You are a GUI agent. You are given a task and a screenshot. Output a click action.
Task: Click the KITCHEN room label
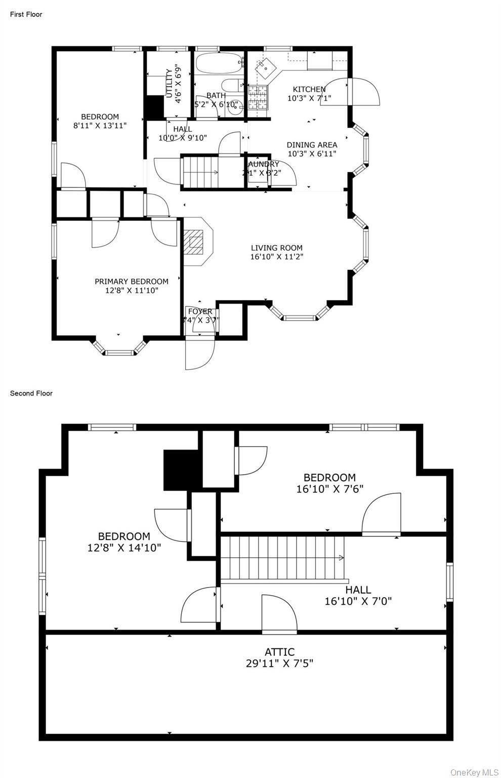point(309,90)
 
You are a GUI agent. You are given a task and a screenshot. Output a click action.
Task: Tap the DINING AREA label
point(312,145)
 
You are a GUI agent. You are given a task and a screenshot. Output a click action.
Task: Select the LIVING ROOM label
point(277,248)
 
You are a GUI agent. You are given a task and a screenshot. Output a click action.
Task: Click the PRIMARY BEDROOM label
point(132,282)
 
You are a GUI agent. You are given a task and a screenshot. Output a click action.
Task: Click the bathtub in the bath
point(219,64)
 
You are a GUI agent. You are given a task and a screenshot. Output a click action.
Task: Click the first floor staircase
point(200,172)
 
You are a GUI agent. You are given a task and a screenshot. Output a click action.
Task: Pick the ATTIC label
point(279,652)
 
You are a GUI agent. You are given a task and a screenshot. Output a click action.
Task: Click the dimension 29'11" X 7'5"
point(279,663)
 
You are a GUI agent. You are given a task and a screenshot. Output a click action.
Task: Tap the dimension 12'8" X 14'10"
point(124,547)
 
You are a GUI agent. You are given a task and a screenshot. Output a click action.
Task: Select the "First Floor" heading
point(26,14)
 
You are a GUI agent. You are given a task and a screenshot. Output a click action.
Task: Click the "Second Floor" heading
point(31,393)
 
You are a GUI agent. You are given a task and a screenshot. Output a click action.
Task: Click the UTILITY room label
point(169,83)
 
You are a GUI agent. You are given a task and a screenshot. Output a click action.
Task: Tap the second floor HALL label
point(358,590)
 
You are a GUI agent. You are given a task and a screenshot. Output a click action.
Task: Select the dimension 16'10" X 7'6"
point(329,489)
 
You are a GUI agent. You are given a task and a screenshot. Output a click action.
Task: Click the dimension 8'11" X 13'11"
point(100,126)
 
